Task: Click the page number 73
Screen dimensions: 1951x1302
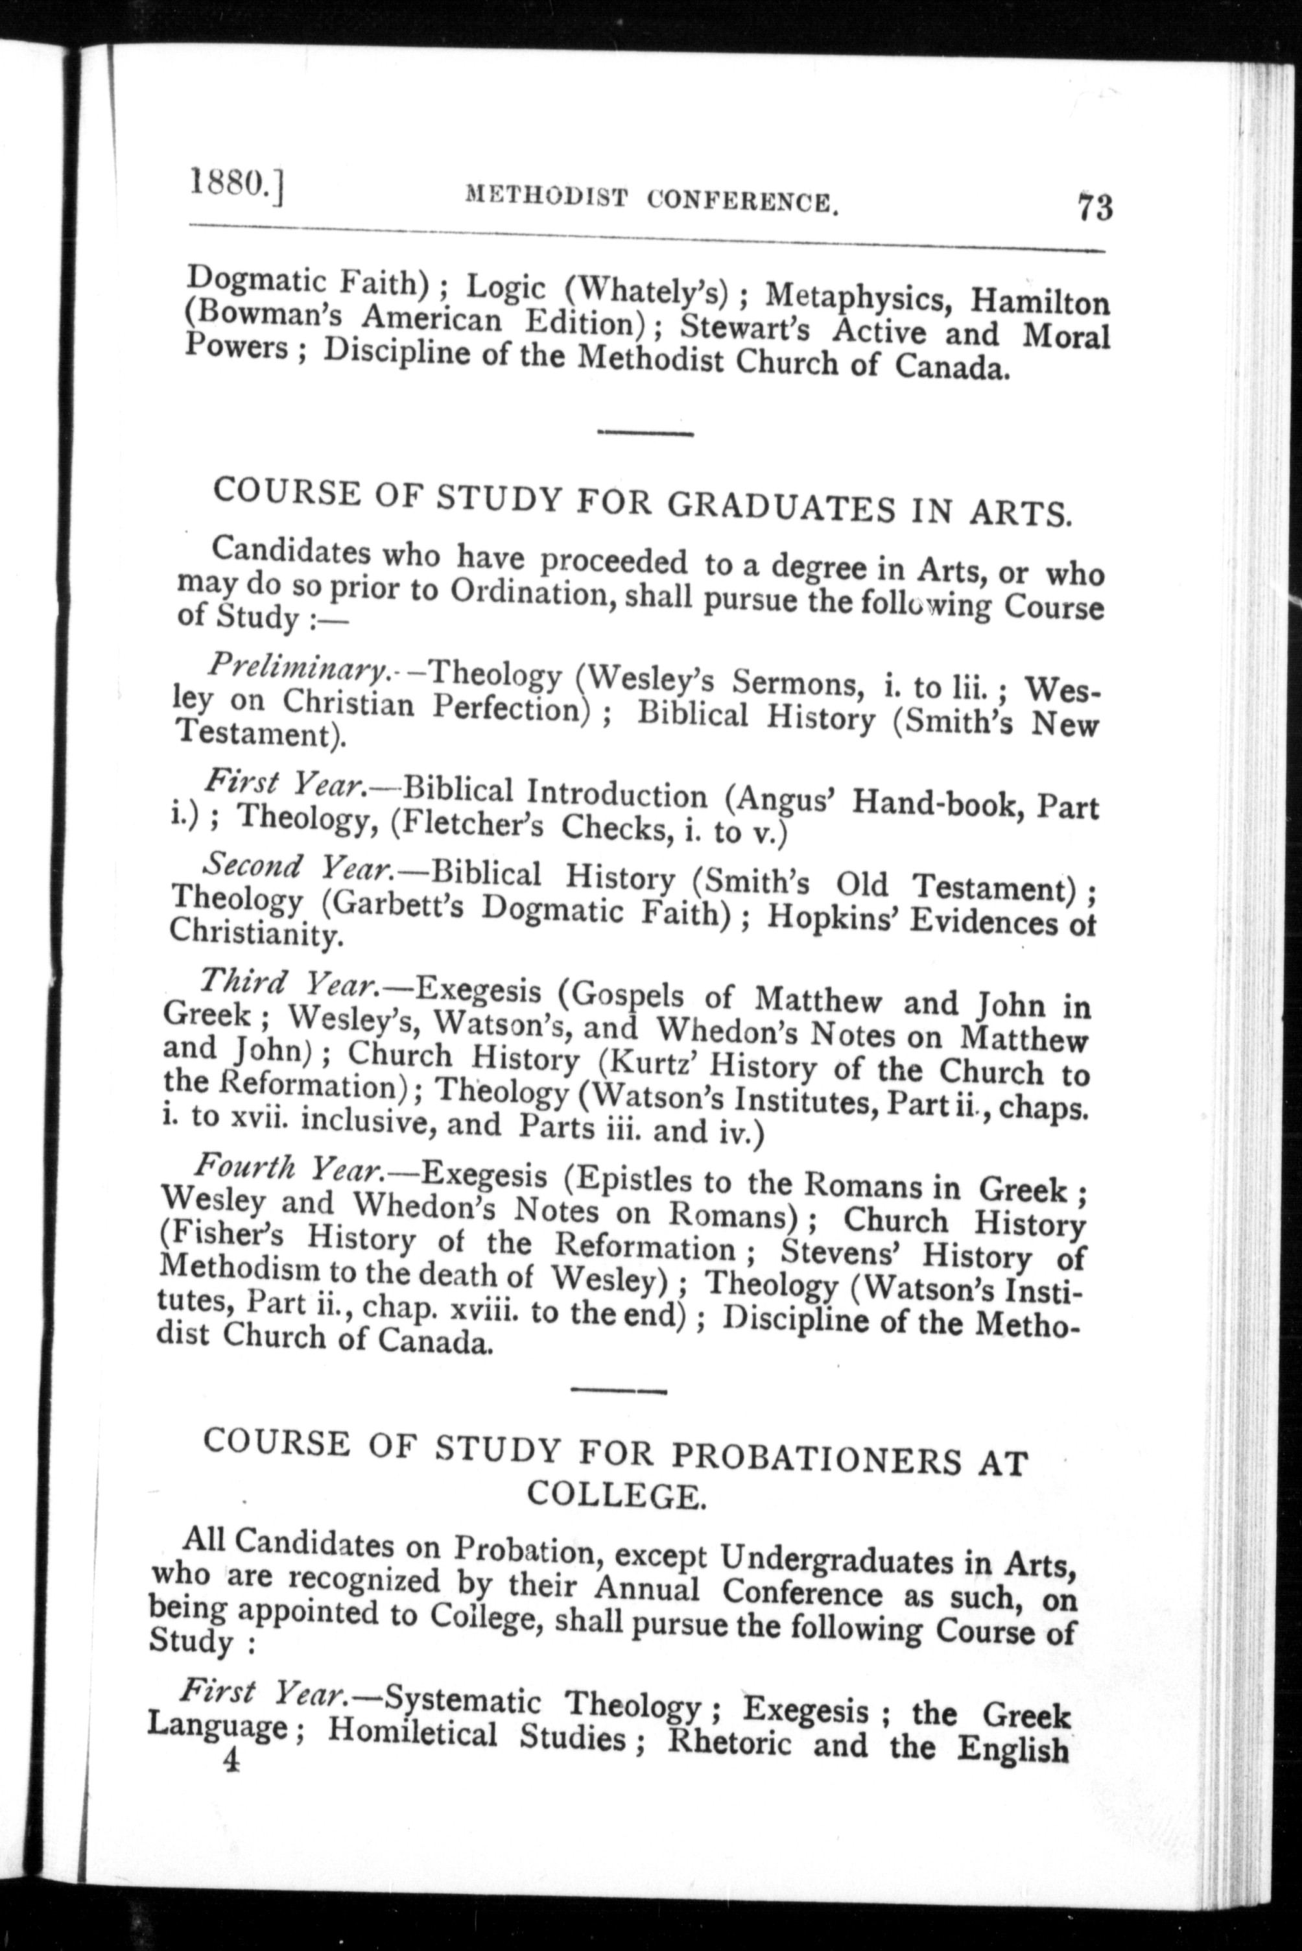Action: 1095,207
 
